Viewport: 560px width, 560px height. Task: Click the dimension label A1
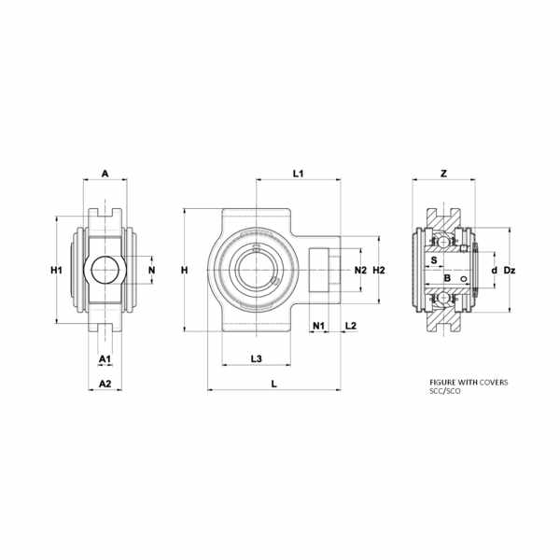tap(105, 358)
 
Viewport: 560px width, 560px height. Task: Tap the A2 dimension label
tap(105, 384)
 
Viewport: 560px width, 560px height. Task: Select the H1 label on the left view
tap(56, 271)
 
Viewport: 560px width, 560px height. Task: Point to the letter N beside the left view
tap(152, 270)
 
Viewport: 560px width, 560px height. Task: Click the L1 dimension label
tap(299, 174)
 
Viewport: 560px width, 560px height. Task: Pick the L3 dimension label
tap(257, 358)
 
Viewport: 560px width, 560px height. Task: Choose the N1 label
tap(318, 326)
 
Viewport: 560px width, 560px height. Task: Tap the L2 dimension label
tap(351, 326)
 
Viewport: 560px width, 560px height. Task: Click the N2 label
tap(360, 271)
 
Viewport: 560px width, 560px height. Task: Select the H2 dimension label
tap(379, 271)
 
